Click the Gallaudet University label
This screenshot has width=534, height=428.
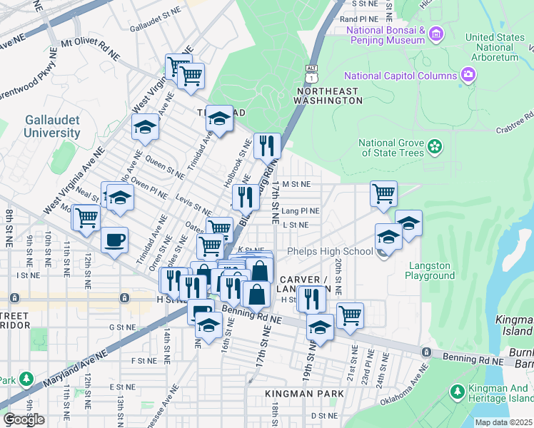click(x=51, y=126)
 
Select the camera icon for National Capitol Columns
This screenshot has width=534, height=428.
click(x=468, y=75)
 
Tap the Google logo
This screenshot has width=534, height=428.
click(x=24, y=419)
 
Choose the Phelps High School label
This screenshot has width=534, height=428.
click(x=330, y=251)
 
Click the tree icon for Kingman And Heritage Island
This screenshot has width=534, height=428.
click(x=457, y=391)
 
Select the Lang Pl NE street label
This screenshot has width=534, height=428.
click(x=300, y=211)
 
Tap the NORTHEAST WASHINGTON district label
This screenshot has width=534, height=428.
click(x=329, y=96)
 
